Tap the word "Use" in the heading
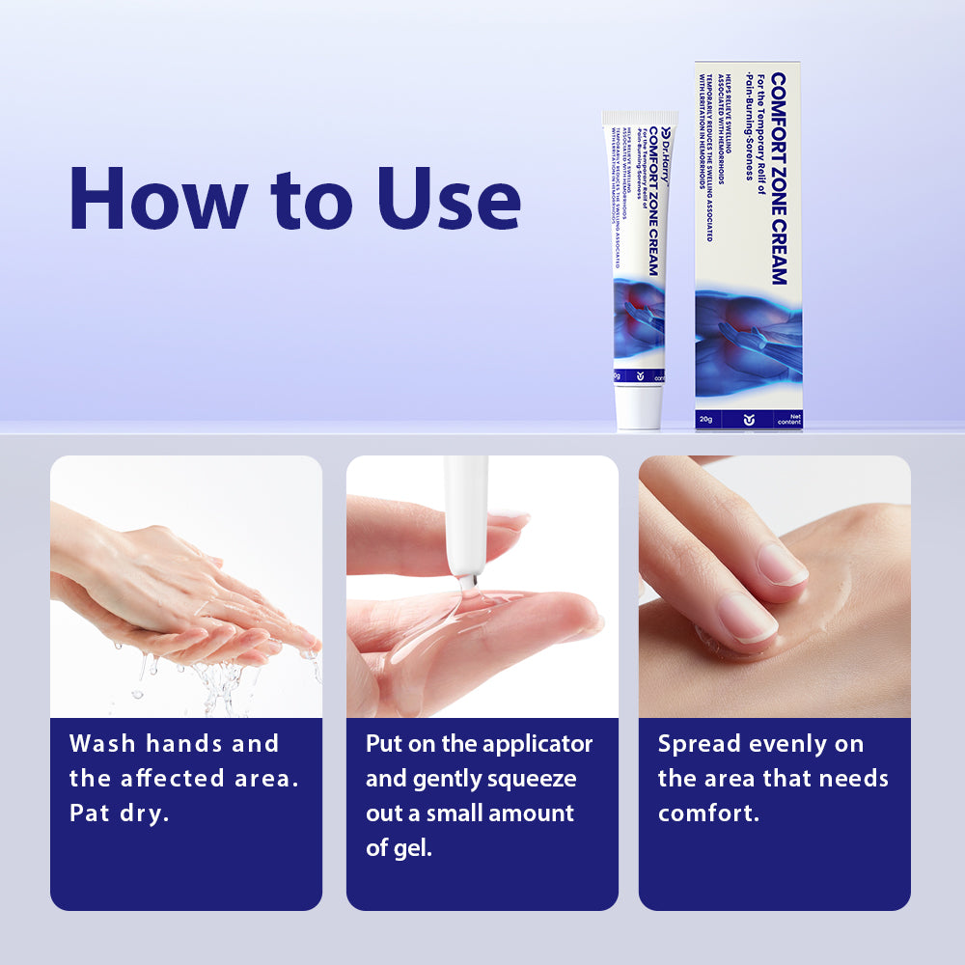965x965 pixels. pos(449,199)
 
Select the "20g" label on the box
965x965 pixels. pos(706,418)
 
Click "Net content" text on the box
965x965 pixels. pos(788,418)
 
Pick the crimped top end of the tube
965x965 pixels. pos(640,118)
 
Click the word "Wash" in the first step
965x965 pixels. pos(101,744)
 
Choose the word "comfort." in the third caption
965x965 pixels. pos(708,813)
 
